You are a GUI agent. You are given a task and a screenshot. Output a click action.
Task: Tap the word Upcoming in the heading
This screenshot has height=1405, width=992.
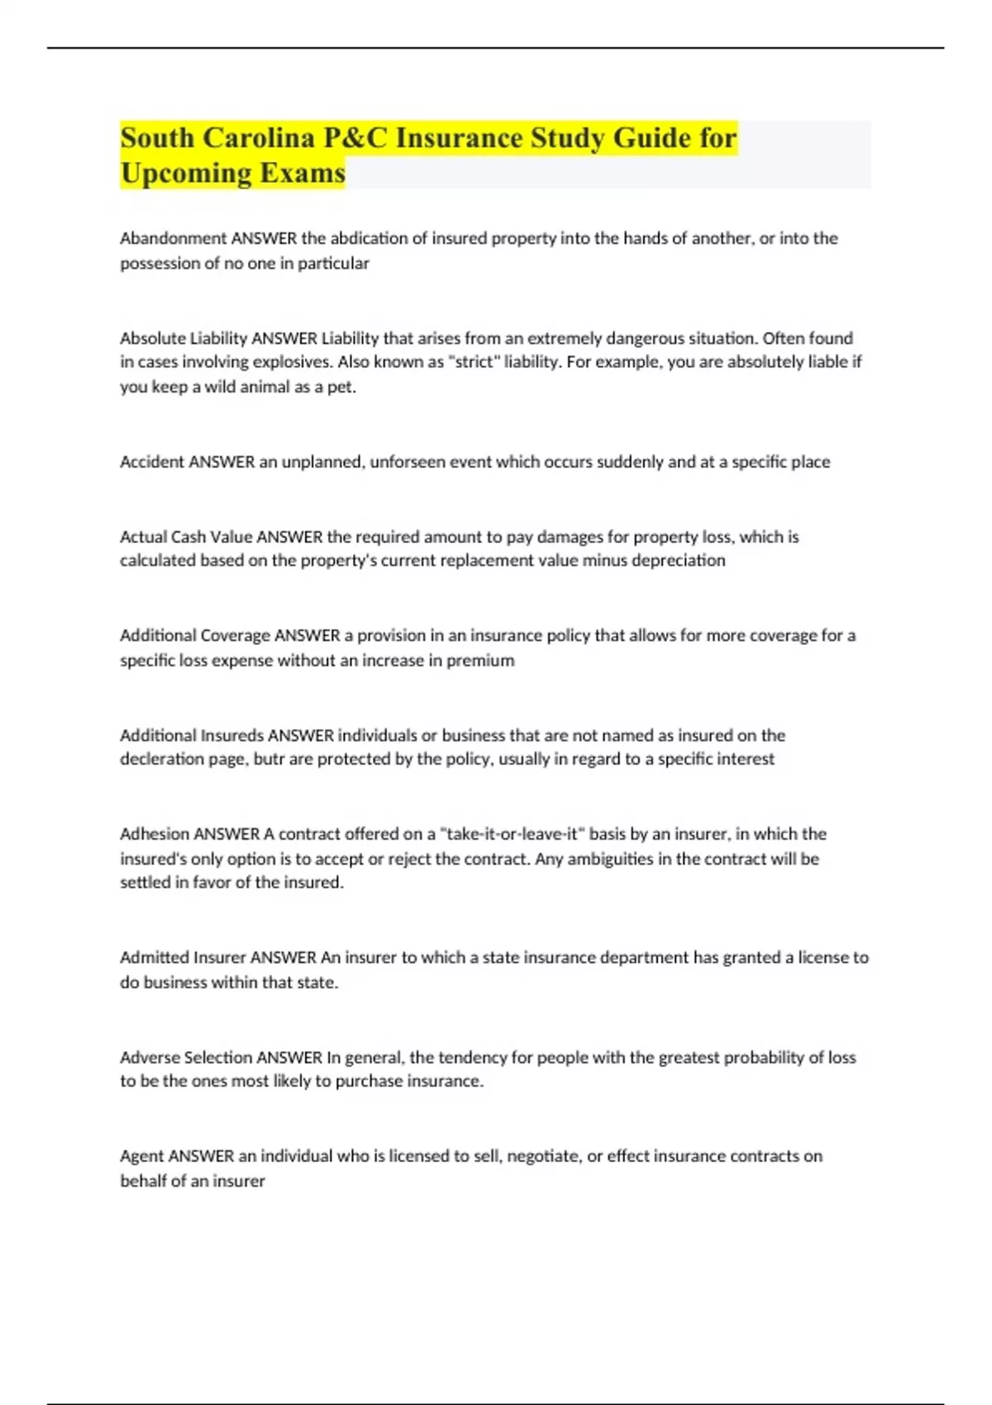186,173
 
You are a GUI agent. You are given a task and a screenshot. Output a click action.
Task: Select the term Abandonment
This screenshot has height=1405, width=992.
173,238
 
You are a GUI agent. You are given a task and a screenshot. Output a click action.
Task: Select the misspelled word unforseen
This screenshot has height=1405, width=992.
409,462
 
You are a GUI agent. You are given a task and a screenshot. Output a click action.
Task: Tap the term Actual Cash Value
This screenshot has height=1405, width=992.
186,537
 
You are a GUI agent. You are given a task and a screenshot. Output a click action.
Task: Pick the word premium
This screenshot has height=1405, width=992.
480,660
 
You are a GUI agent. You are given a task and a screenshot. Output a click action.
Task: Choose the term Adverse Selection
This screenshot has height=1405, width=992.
186,1057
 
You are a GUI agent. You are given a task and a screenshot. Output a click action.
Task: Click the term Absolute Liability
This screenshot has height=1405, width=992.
184,338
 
